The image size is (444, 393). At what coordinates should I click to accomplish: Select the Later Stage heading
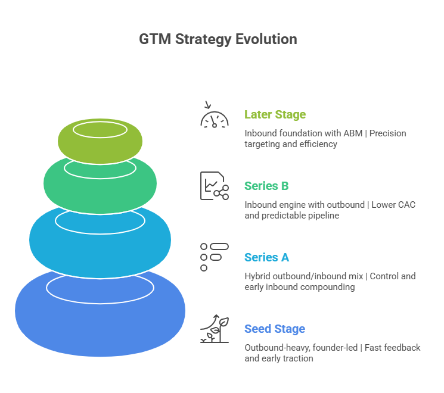[275, 114]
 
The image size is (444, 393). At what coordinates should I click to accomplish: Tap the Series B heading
[266, 186]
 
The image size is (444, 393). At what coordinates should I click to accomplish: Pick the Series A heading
[266, 257]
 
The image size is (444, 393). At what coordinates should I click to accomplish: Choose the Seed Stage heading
[274, 329]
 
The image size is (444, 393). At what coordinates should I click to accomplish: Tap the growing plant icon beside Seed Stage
[214, 329]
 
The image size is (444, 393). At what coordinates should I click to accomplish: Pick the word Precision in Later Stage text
[387, 133]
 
